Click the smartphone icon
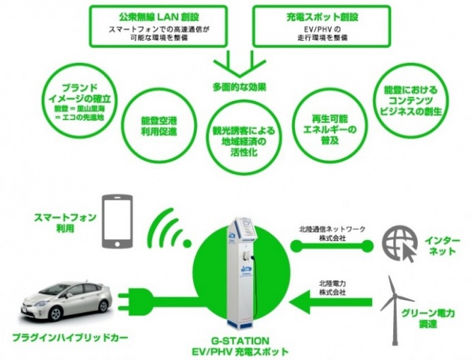pyautogui.click(x=117, y=221)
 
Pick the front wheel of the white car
pyautogui.click(x=56, y=313)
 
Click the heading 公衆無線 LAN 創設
pyautogui.click(x=158, y=17)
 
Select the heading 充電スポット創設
pyautogui.click(x=322, y=17)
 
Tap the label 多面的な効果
pyautogui.click(x=240, y=88)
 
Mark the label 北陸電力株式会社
pyautogui.click(x=332, y=288)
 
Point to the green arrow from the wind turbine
pyautogui.click(x=331, y=302)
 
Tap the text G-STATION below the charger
pyautogui.click(x=240, y=341)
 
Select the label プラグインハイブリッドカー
pyautogui.click(x=70, y=337)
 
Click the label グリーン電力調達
pyautogui.click(x=428, y=318)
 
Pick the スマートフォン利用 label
pyautogui.click(x=65, y=223)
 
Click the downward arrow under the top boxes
pyautogui.click(x=240, y=64)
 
